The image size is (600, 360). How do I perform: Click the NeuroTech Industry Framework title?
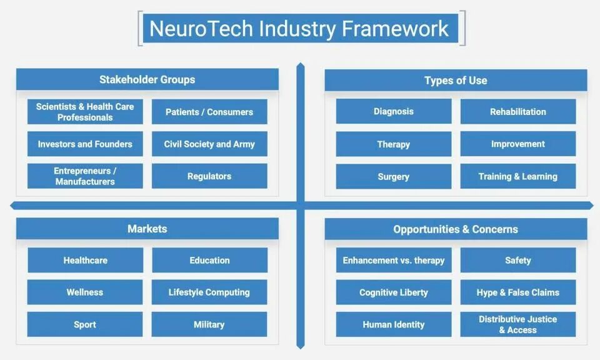click(299, 29)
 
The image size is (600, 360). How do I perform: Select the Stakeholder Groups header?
click(147, 79)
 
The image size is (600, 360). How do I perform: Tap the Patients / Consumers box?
click(209, 112)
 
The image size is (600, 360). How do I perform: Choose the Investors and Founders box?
click(85, 144)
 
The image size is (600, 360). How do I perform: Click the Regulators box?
click(209, 176)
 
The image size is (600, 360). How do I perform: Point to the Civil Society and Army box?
click(209, 144)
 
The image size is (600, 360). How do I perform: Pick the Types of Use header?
click(456, 80)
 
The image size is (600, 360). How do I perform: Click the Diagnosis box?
click(394, 111)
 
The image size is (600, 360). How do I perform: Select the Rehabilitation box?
click(518, 111)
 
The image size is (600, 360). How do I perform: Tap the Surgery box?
click(394, 176)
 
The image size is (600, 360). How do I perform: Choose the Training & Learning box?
click(518, 176)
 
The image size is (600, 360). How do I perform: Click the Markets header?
click(147, 229)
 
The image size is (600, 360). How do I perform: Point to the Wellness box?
click(85, 292)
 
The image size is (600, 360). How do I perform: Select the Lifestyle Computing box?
click(209, 292)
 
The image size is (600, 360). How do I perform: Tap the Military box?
click(209, 324)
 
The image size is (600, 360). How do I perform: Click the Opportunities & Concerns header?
click(456, 229)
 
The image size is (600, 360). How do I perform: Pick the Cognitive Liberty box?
click(394, 292)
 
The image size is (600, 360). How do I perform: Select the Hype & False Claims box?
click(518, 292)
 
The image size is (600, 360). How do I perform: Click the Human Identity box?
click(394, 324)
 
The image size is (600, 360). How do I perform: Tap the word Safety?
click(518, 260)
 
